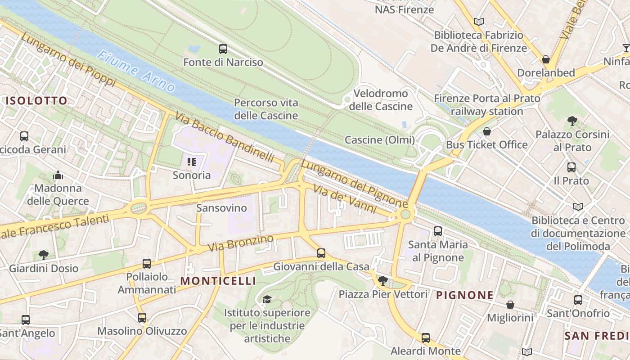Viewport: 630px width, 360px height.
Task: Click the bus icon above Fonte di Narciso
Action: click(223, 49)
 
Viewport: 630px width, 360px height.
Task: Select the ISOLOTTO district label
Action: click(36, 100)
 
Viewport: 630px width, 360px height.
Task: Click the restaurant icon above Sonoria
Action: click(192, 162)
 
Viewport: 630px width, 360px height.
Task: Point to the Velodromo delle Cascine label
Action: click(381, 100)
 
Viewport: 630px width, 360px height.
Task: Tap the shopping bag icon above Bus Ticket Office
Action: click(486, 131)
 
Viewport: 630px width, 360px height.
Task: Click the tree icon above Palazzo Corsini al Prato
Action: click(572, 121)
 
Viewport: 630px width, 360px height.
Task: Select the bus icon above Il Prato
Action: click(571, 167)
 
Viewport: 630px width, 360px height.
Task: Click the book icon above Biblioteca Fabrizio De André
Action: click(479, 22)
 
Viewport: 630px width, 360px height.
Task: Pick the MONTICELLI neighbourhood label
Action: click(218, 281)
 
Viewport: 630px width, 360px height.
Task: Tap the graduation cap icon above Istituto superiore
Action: click(267, 299)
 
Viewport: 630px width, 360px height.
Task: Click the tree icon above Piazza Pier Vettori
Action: click(383, 281)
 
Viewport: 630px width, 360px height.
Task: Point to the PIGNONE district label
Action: click(465, 296)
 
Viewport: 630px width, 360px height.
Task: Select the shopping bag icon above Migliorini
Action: click(510, 305)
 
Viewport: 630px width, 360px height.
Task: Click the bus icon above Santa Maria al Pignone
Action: click(437, 231)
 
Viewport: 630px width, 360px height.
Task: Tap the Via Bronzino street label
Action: click(240, 243)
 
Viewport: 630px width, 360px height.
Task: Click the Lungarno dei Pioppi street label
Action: click(68, 60)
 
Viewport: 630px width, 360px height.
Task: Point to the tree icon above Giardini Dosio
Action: click(44, 255)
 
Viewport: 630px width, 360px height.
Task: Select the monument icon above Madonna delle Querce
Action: click(58, 175)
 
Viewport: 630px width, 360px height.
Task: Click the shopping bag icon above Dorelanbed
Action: click(545, 59)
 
